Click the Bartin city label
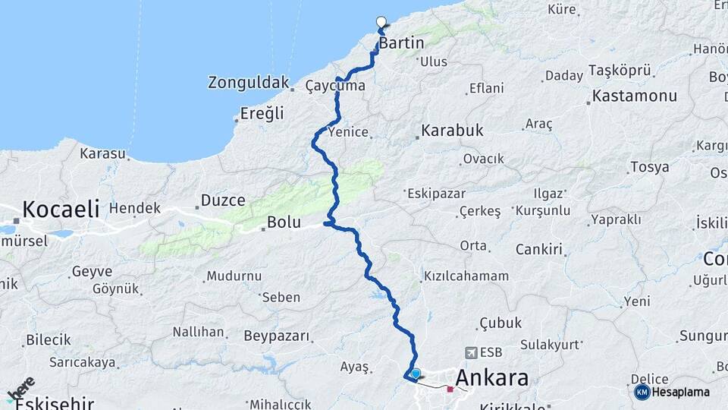[401, 43]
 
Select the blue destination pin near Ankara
[416, 374]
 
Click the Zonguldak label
[249, 82]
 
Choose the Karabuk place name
[452, 131]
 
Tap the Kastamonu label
[634, 96]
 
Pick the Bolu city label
[284, 223]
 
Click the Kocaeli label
[61, 209]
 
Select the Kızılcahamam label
[466, 276]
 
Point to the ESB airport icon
[472, 352]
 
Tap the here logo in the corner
[20, 389]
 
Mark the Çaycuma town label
[335, 86]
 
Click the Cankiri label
[538, 249]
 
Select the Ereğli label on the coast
[262, 113]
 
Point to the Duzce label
[222, 201]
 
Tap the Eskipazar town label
[436, 194]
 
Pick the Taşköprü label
[620, 71]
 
